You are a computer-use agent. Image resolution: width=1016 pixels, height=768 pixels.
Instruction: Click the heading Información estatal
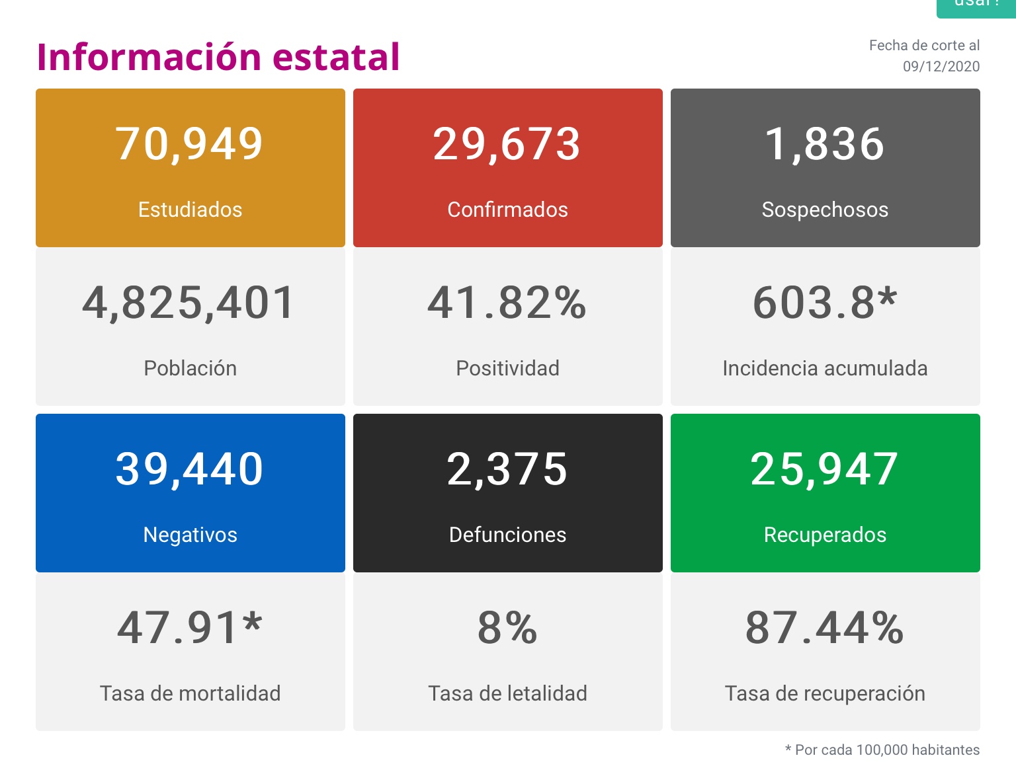pyautogui.click(x=218, y=57)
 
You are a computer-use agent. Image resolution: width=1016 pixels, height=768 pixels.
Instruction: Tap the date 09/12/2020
pyautogui.click(x=941, y=67)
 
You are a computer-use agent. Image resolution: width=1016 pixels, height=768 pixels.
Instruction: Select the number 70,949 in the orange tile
pyautogui.click(x=190, y=144)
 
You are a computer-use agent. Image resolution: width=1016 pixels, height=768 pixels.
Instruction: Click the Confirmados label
pyautogui.click(x=507, y=210)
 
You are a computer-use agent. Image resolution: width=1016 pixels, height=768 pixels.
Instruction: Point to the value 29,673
pyautogui.click(x=507, y=144)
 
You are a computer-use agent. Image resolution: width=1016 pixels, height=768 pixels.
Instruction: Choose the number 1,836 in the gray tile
pyautogui.click(x=825, y=144)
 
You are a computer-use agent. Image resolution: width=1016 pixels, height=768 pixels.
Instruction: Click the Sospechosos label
pyautogui.click(x=825, y=210)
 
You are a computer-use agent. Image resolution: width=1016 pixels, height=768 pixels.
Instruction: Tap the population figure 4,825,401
pyautogui.click(x=189, y=303)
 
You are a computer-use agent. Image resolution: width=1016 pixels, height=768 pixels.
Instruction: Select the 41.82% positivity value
pyautogui.click(x=507, y=303)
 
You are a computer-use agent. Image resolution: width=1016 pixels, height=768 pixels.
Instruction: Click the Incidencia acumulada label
pyautogui.click(x=825, y=368)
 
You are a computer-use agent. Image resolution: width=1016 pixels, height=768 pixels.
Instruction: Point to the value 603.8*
pyautogui.click(x=825, y=303)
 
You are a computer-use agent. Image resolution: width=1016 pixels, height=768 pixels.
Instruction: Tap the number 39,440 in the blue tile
pyautogui.click(x=190, y=469)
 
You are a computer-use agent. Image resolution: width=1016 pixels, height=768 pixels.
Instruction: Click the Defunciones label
pyautogui.click(x=507, y=535)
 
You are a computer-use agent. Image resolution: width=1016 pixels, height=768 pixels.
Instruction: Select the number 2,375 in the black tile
pyautogui.click(x=507, y=469)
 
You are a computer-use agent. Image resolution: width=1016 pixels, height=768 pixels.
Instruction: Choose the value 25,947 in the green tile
pyautogui.click(x=825, y=469)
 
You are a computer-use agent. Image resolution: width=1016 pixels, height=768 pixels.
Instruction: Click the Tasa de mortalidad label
pyautogui.click(x=190, y=693)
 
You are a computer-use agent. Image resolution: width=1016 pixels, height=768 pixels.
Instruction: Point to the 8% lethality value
pyautogui.click(x=507, y=628)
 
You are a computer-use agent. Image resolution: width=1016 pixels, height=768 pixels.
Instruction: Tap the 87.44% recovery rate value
pyautogui.click(x=825, y=628)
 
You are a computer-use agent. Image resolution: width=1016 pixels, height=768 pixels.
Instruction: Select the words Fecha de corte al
pyautogui.click(x=924, y=46)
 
